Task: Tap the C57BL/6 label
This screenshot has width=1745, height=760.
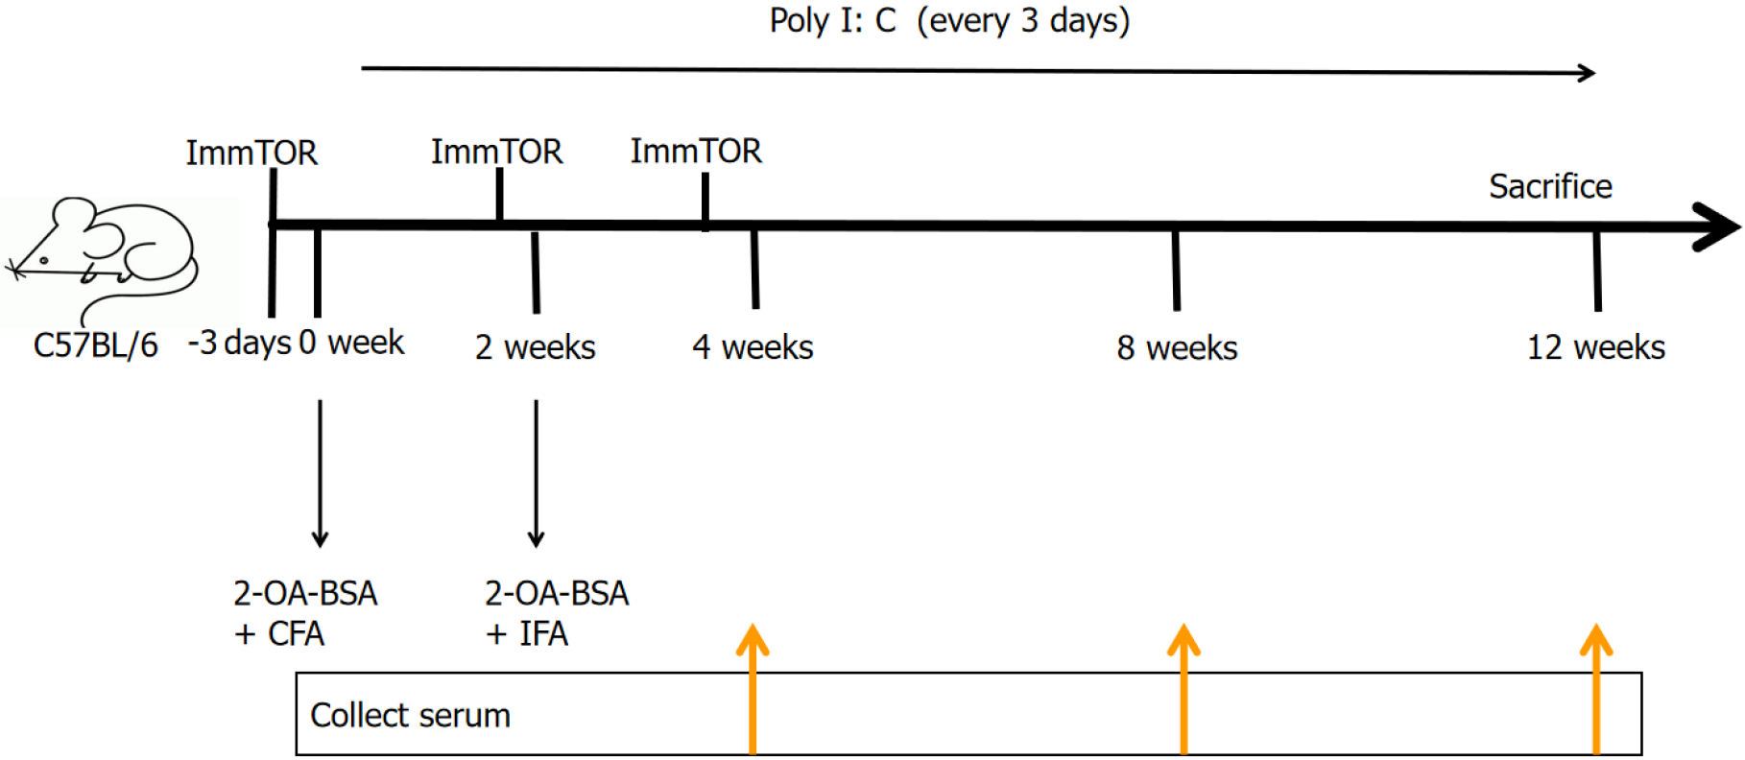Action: (96, 345)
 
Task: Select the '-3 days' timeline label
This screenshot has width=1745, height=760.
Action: (239, 343)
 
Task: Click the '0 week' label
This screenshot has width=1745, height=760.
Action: (351, 343)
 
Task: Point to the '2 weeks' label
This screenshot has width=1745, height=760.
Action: (536, 347)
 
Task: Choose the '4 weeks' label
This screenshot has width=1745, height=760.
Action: (753, 347)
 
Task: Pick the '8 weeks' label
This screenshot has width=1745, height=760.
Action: (1177, 348)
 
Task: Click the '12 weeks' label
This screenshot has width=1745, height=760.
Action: (1596, 347)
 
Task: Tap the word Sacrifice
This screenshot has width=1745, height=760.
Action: (1550, 186)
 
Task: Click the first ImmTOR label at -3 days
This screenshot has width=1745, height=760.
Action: (251, 153)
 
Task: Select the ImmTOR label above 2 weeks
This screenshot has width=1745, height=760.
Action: (496, 152)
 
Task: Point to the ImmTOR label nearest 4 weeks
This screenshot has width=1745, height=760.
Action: (696, 151)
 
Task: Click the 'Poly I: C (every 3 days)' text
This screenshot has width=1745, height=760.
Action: (949, 21)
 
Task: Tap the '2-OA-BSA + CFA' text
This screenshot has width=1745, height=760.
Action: (305, 613)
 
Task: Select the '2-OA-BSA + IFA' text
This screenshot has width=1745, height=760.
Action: (557, 613)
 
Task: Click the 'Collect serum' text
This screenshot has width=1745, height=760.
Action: (410, 716)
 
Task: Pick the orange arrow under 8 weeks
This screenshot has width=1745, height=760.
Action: (1183, 689)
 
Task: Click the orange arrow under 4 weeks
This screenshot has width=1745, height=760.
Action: (753, 689)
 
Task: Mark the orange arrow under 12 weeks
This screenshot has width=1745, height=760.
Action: (1596, 689)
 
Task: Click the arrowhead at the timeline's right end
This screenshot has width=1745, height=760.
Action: (1718, 227)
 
